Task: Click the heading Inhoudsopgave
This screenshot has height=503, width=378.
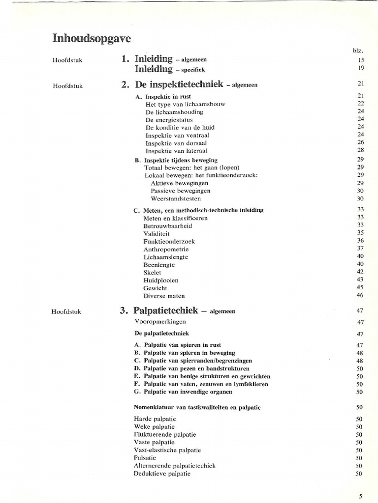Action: (92, 38)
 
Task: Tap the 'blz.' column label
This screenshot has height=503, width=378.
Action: (358, 51)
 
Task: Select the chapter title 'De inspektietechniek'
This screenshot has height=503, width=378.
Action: (179, 84)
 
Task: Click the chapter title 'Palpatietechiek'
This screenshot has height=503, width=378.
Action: (166, 310)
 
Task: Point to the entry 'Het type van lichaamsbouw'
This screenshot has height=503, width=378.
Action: (186, 104)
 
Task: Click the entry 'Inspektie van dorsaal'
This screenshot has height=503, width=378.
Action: (176, 143)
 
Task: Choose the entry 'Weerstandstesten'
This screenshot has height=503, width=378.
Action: (175, 199)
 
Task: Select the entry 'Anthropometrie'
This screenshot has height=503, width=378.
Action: (166, 250)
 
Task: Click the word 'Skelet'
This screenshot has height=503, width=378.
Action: (152, 273)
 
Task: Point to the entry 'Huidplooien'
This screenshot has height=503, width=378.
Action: (161, 280)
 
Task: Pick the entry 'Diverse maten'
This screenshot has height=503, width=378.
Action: (164, 296)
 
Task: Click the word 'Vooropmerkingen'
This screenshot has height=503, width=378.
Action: (160, 322)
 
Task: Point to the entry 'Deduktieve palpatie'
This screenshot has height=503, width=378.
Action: (162, 474)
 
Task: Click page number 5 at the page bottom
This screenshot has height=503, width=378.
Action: (360, 496)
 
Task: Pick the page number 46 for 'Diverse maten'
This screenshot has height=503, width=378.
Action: (360, 296)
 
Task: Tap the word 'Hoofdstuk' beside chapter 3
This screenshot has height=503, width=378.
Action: (67, 311)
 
